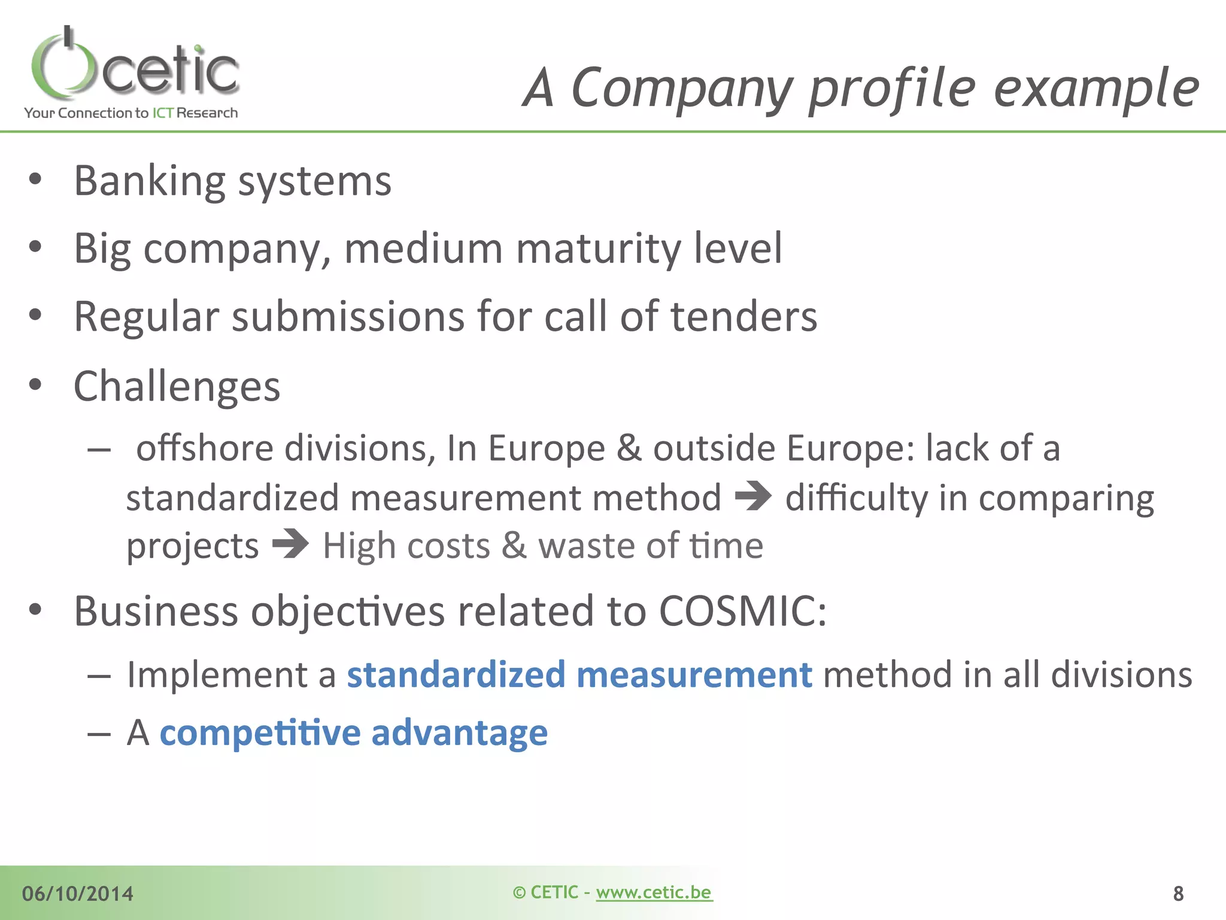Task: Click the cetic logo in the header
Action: (135, 66)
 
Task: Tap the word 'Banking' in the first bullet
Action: (150, 180)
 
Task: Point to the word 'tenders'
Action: (744, 316)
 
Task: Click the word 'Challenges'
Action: (177, 386)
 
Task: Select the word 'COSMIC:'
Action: (743, 611)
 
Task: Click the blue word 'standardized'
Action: (456, 674)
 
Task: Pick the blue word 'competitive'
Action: (260, 733)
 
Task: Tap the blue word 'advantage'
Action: (459, 733)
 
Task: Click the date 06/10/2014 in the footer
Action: (78, 894)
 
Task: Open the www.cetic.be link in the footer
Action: (654, 892)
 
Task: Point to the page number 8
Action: (1178, 894)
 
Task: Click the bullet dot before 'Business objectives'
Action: (35, 610)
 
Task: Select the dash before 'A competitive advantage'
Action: (99, 733)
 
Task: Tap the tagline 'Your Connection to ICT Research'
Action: (131, 113)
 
